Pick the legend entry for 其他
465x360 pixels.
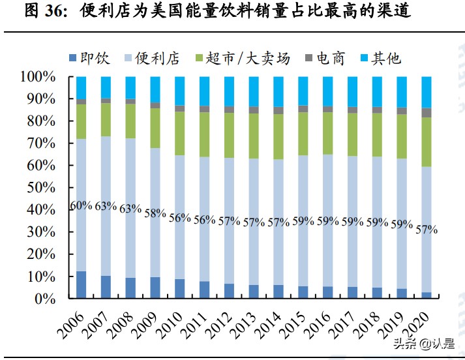tap(378, 59)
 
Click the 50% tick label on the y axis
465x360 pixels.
tap(42, 188)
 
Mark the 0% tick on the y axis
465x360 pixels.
tap(46, 299)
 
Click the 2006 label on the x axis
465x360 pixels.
tap(74, 320)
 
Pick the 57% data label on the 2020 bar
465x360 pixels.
tap(427, 230)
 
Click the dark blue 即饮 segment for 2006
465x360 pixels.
tap(81, 285)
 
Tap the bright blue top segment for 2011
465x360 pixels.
tap(204, 91)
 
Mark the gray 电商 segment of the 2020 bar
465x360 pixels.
tap(427, 113)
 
